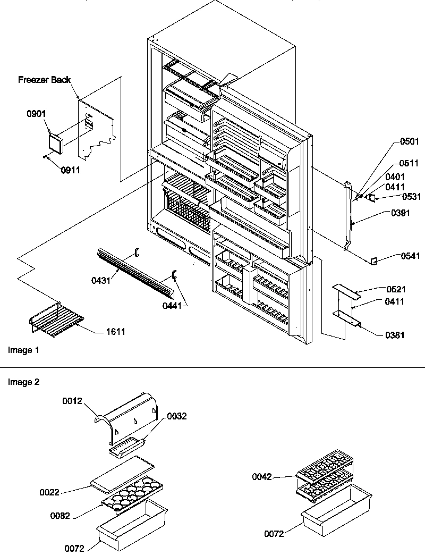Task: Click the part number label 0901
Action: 37,114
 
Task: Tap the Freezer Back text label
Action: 45,80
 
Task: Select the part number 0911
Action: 70,170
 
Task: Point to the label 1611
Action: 116,332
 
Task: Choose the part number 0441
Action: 172,305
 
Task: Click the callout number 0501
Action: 410,141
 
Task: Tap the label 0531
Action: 412,197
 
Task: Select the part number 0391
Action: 400,213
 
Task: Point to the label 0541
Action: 410,256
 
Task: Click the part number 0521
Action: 396,290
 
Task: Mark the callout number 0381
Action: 395,335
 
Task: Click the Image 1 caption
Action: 24,350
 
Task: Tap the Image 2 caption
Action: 24,382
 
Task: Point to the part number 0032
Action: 177,416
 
